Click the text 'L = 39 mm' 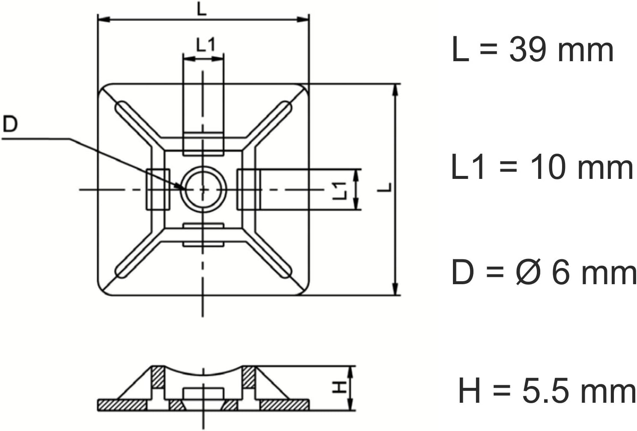point(533,50)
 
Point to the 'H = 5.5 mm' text point(547,391)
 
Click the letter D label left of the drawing point(10,125)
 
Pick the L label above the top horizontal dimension point(202,9)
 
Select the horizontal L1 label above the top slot point(206,45)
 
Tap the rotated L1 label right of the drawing point(339,190)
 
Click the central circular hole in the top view point(203,189)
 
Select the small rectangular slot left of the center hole point(158,189)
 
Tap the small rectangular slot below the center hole point(203,235)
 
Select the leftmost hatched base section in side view point(122,404)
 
